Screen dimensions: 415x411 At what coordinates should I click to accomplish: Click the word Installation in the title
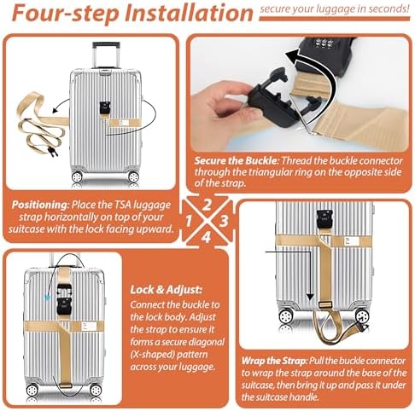point(188,13)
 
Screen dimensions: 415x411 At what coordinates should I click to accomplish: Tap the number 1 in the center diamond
point(188,221)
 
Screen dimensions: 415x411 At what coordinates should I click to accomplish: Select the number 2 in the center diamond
point(207,205)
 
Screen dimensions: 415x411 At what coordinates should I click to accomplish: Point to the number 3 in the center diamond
point(224,221)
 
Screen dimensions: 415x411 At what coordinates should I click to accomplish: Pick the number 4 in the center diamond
point(207,238)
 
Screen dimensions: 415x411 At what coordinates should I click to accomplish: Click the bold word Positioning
point(39,205)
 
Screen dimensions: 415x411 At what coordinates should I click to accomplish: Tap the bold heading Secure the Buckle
point(236,161)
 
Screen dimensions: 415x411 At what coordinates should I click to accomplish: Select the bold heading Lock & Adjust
point(166,290)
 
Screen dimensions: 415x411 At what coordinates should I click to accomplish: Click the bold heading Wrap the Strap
point(274,361)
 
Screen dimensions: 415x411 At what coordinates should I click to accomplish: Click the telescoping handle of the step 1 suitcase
point(106,55)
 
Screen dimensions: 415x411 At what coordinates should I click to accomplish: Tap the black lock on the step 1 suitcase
point(104,107)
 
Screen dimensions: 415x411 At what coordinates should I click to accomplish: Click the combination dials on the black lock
point(323,44)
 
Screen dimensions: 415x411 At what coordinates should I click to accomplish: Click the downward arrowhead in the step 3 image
point(310,298)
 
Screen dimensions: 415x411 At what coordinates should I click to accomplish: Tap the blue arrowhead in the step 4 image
point(47,298)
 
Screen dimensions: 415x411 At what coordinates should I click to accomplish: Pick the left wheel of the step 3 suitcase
point(286,315)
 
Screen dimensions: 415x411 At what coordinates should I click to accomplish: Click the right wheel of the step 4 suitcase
point(96,390)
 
